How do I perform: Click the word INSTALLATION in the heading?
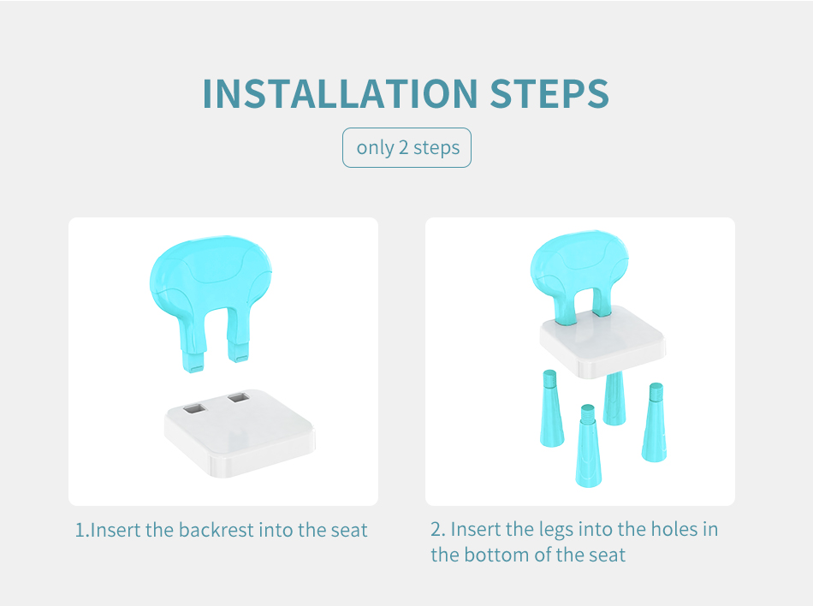(340, 94)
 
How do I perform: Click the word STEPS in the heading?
(549, 94)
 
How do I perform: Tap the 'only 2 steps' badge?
(407, 148)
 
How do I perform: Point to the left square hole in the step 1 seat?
(194, 408)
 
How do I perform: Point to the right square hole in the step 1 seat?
(239, 398)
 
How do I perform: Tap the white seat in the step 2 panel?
(602, 343)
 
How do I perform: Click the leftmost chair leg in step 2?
(551, 408)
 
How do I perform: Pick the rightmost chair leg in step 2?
(655, 423)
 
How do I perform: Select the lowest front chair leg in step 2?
(588, 446)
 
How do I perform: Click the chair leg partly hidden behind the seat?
(614, 399)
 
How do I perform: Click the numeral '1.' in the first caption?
(82, 531)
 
